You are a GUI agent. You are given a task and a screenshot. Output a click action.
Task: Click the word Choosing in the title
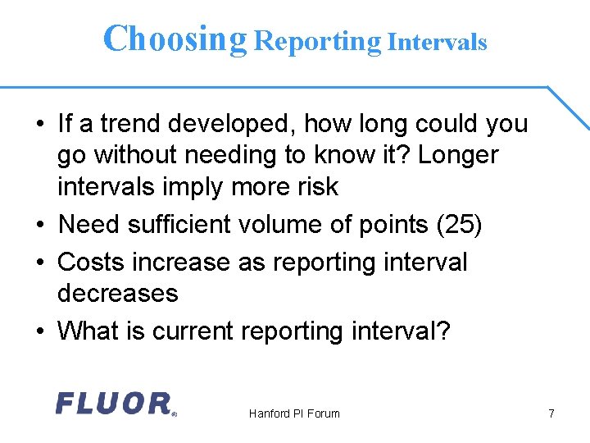click(x=175, y=39)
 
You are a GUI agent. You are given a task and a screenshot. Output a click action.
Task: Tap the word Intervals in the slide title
click(x=438, y=42)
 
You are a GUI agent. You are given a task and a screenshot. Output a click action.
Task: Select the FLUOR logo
click(x=114, y=403)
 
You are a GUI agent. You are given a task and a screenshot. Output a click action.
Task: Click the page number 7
click(x=551, y=413)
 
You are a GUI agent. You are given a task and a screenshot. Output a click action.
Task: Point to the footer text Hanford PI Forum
click(x=294, y=413)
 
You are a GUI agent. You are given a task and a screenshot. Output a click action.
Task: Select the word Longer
click(x=458, y=156)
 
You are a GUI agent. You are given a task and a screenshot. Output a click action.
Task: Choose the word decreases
click(x=117, y=294)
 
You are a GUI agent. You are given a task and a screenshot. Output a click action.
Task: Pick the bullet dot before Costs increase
click(x=39, y=263)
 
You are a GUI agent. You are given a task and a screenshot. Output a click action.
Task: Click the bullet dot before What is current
click(x=39, y=332)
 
